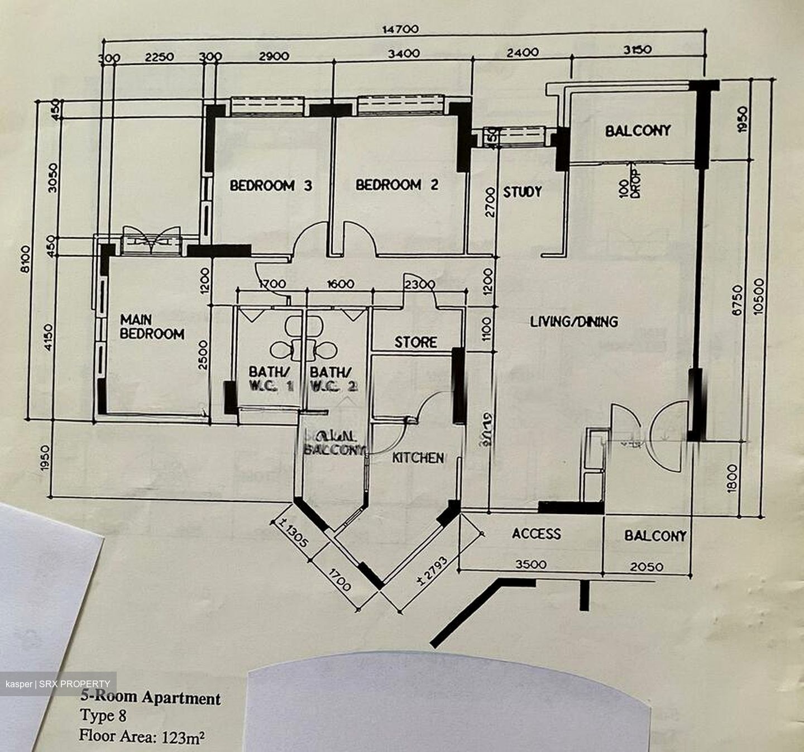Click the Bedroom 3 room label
click(x=271, y=185)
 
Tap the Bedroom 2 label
click(x=397, y=185)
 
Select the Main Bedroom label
click(x=152, y=327)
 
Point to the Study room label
click(x=523, y=192)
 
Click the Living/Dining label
click(x=574, y=322)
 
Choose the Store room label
click(x=416, y=342)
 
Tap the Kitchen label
click(x=418, y=458)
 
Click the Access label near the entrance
click(x=537, y=534)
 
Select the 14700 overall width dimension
click(x=400, y=29)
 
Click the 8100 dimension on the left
click(x=25, y=261)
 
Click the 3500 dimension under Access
click(x=530, y=564)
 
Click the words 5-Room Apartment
click(x=151, y=698)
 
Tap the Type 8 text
click(x=103, y=716)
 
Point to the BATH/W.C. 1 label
click(x=270, y=378)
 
